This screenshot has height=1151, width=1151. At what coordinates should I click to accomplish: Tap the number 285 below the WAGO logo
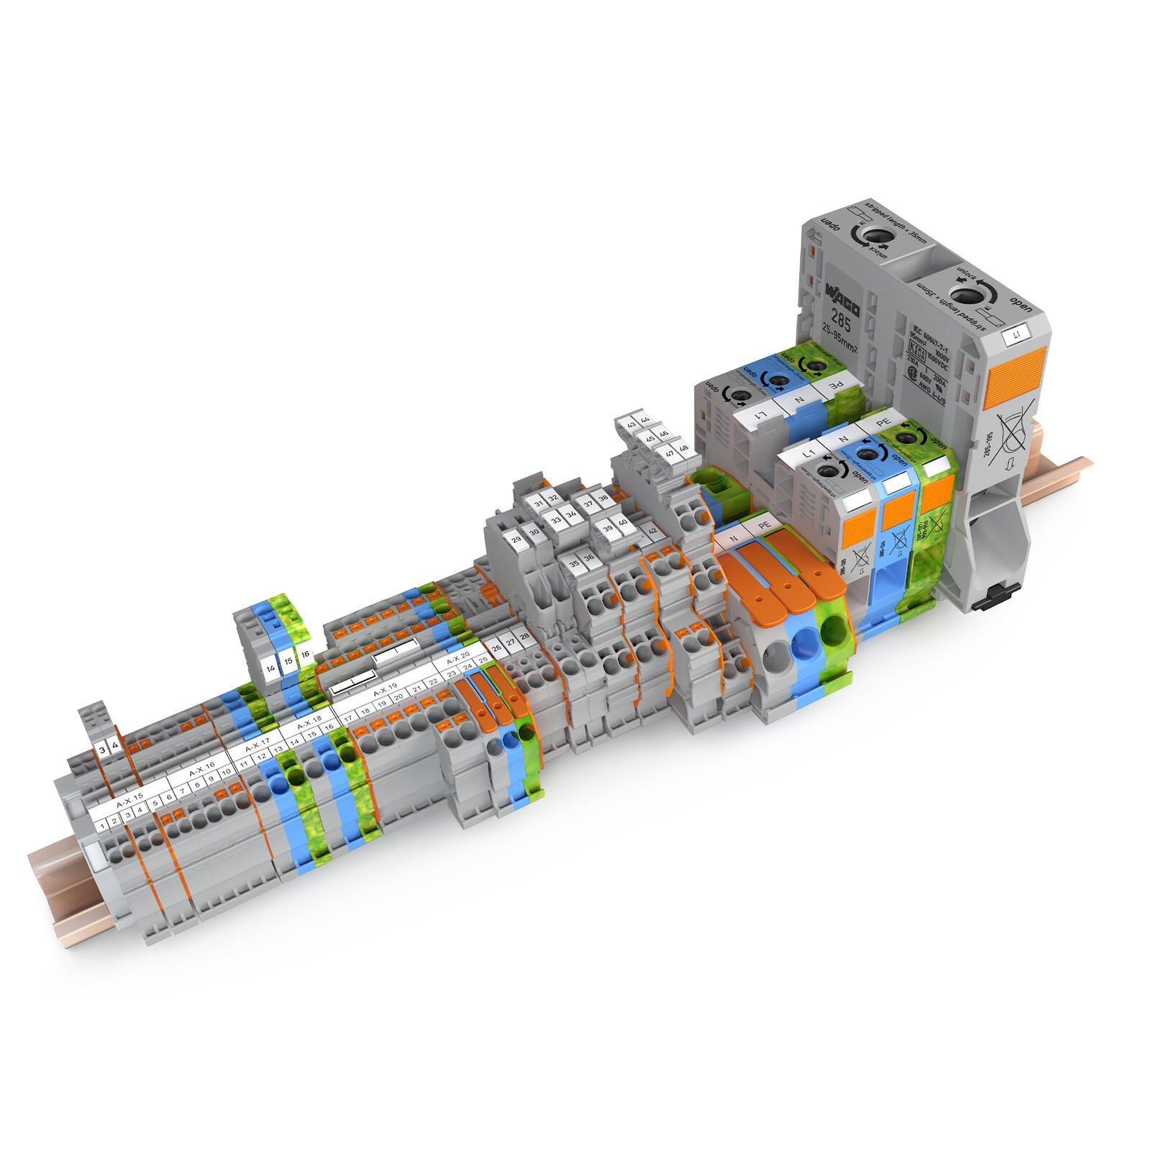(840, 319)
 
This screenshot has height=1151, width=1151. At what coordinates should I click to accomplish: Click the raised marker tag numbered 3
(103, 750)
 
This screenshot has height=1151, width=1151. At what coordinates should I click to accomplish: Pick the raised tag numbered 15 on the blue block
(288, 660)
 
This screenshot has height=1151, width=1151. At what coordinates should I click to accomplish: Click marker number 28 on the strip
(524, 637)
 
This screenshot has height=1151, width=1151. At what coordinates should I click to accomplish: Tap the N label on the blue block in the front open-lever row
(843, 436)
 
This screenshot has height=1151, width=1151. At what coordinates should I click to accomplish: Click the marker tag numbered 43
(631, 424)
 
